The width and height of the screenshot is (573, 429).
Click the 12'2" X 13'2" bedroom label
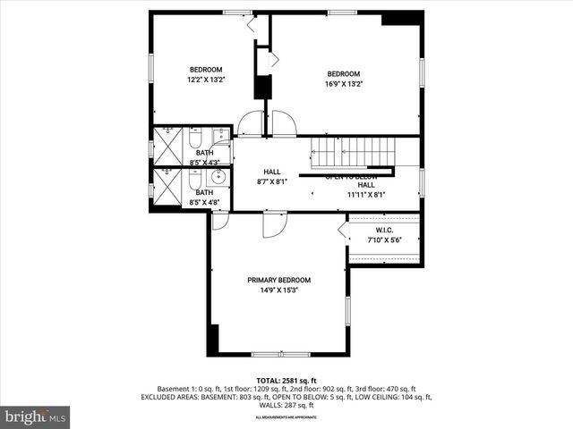pyautogui.click(x=205, y=70)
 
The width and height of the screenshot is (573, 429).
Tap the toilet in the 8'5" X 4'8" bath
pyautogui.click(x=194, y=183)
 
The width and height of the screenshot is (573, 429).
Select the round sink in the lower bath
pyautogui.click(x=218, y=177)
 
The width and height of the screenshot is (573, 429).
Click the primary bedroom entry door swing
pyautogui.click(x=274, y=223)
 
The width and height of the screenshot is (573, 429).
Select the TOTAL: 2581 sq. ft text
pyautogui.click(x=286, y=381)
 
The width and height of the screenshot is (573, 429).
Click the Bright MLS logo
pyautogui.click(x=36, y=416)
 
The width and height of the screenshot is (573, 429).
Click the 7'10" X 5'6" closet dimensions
pyautogui.click(x=385, y=240)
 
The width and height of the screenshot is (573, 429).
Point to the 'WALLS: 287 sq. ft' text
pyautogui.click(x=286, y=405)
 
